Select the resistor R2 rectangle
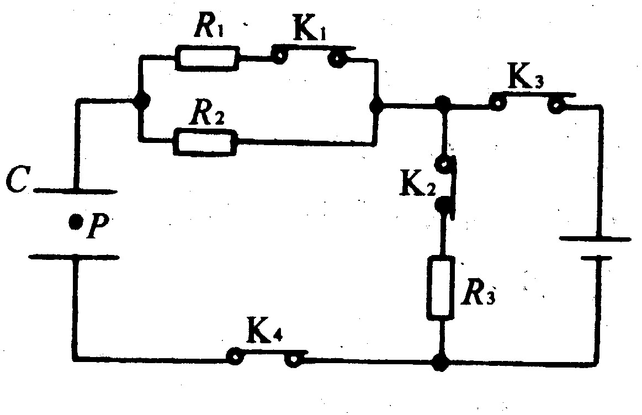(x=206, y=142)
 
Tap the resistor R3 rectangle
(x=441, y=288)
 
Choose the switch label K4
(x=264, y=334)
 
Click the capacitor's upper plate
(x=75, y=191)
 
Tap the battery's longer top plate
(x=595, y=239)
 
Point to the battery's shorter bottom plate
(x=596, y=257)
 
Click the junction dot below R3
(x=440, y=363)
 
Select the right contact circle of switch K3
(x=555, y=104)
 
